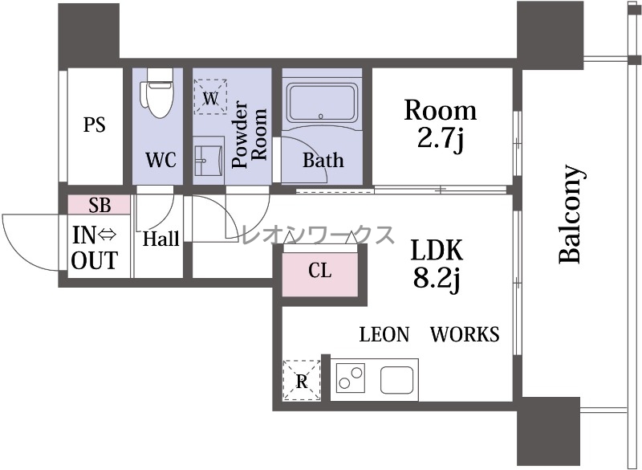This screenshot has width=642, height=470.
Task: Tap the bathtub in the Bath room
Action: [x=322, y=103]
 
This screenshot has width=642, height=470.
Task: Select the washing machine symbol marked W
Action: [x=210, y=97]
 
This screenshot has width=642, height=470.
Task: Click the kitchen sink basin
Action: [x=396, y=380]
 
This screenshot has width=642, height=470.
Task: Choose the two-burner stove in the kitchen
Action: [x=351, y=378]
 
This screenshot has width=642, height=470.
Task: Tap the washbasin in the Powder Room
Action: [x=209, y=160]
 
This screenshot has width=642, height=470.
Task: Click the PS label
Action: [x=94, y=125]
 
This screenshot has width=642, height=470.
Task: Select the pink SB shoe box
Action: [x=99, y=205]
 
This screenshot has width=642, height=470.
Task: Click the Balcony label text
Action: [x=571, y=214]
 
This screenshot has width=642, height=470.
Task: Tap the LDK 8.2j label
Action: [x=437, y=264]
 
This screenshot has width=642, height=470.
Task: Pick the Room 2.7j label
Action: [x=440, y=125]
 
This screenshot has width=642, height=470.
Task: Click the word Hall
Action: [x=161, y=239]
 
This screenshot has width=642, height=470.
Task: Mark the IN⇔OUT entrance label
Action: [x=95, y=247]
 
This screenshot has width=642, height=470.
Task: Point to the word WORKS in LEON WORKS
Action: [x=465, y=334]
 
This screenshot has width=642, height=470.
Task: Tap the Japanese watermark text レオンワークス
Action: [x=319, y=235]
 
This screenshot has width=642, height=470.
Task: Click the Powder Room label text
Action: [x=249, y=133]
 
